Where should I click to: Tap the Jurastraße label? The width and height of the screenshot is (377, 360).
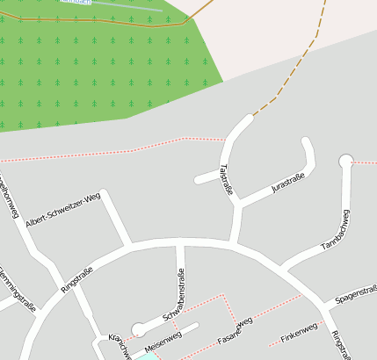(287, 184)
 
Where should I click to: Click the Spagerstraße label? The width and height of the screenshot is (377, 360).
(356, 292)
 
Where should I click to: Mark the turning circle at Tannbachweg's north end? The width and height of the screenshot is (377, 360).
(346, 160)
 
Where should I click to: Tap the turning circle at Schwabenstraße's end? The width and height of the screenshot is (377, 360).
(138, 329)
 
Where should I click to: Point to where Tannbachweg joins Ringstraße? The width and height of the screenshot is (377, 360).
(283, 266)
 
